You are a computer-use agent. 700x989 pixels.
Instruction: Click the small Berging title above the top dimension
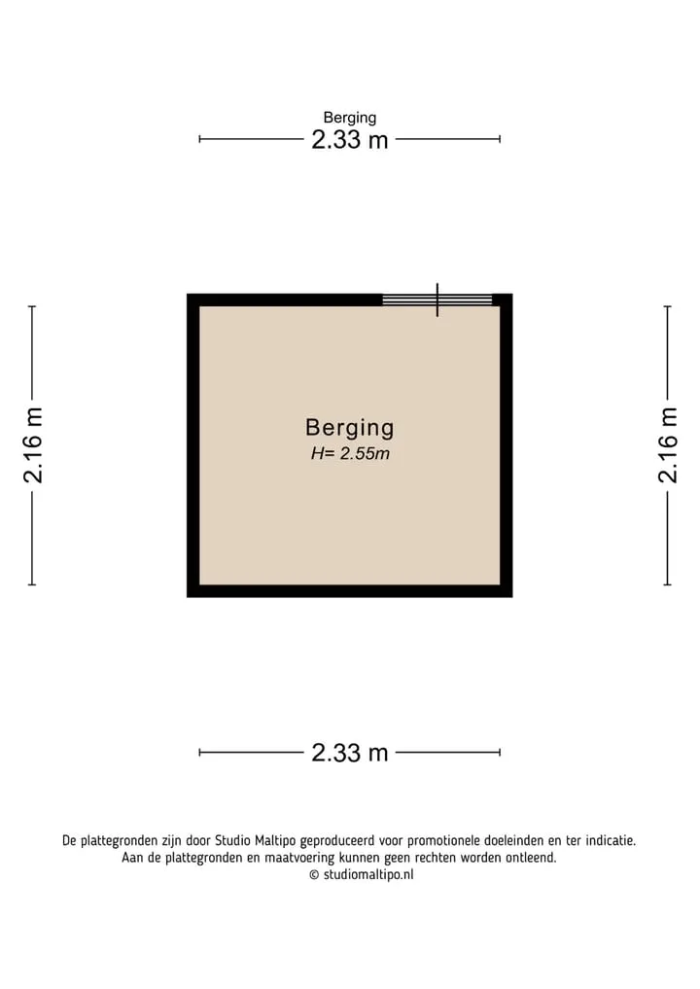[349, 118]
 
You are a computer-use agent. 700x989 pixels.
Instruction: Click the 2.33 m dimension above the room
[349, 139]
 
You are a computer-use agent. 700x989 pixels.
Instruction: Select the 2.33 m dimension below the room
[349, 753]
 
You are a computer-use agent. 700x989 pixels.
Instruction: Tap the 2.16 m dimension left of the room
[33, 445]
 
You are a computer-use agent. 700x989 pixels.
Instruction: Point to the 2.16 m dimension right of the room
[668, 445]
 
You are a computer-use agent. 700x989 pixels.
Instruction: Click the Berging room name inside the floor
[349, 428]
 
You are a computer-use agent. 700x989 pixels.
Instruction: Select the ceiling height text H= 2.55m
[350, 453]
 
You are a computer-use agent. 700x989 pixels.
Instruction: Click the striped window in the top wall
[437, 300]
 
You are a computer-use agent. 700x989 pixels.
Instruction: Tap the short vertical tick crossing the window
[437, 300]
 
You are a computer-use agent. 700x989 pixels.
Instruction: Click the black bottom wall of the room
[349, 591]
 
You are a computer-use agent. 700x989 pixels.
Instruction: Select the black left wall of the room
[192, 445]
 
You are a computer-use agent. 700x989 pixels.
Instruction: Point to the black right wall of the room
[507, 445]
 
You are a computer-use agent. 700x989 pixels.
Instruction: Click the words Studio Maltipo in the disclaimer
[256, 841]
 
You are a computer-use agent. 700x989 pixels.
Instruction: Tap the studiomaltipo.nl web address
[368, 875]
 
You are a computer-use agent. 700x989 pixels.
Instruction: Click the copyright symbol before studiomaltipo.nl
[314, 875]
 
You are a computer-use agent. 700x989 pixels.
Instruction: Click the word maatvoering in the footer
[299, 858]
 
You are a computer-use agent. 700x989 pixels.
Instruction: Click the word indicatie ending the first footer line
[611, 841]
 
